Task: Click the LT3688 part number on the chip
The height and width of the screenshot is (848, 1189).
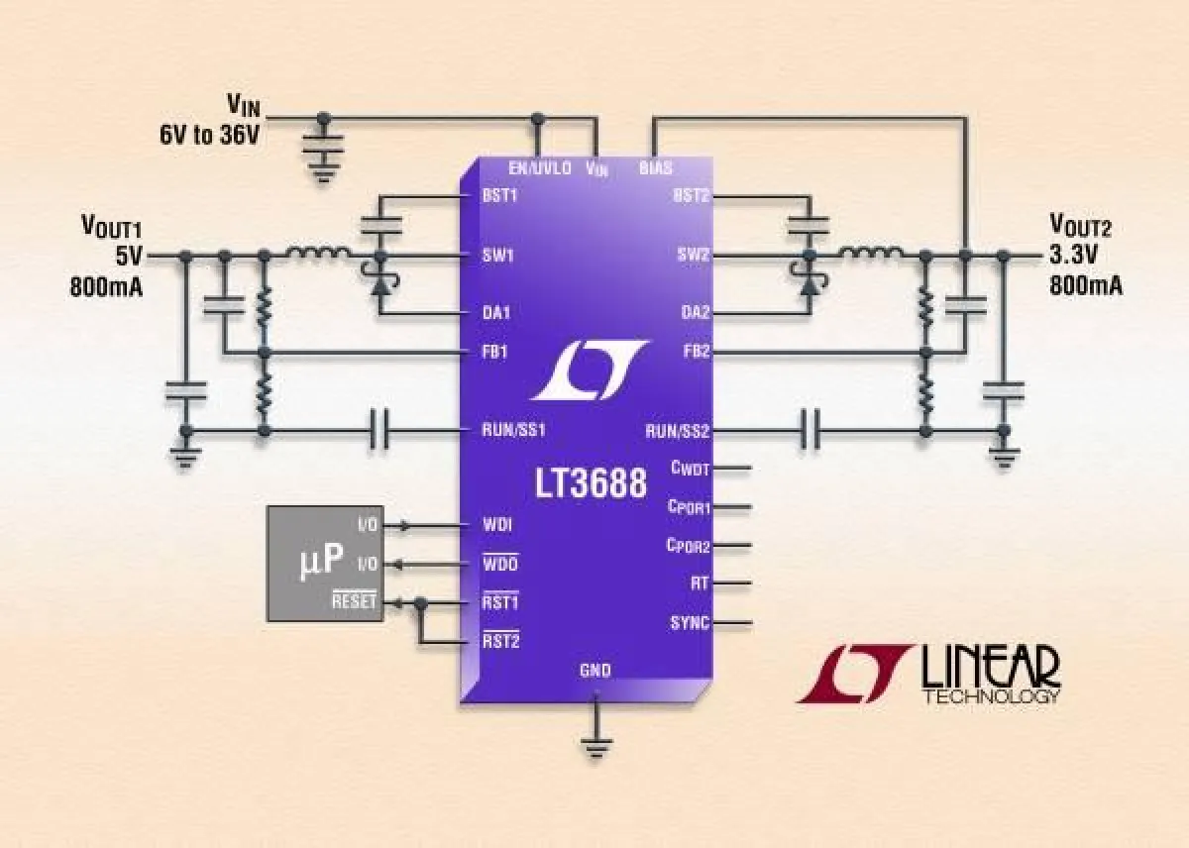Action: pos(592,484)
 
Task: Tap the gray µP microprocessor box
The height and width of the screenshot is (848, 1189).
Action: pos(323,562)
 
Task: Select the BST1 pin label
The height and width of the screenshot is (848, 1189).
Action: pos(500,195)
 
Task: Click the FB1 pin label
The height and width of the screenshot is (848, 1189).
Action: pos(496,352)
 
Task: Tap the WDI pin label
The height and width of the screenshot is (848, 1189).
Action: pos(496,524)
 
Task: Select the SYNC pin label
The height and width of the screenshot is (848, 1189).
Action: pos(690,623)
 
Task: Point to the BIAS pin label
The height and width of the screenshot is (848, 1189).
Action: pos(655,168)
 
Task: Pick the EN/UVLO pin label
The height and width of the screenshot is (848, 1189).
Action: pos(539,168)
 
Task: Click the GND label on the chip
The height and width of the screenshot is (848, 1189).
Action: pos(594,671)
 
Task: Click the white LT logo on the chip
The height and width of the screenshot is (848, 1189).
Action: pos(589,370)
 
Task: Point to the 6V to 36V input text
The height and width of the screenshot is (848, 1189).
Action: pos(210,135)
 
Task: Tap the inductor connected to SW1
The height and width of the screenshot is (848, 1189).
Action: pos(317,256)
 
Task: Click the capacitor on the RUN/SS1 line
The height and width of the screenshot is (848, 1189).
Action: pos(379,431)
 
